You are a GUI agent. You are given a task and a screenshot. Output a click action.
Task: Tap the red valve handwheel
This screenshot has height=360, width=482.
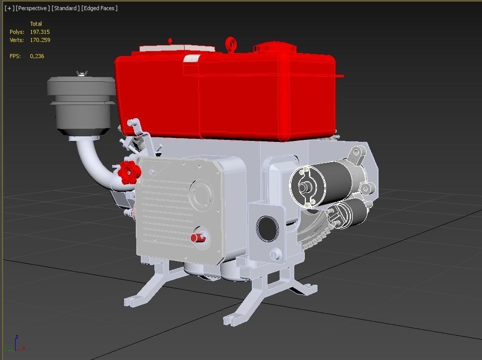click(x=128, y=173)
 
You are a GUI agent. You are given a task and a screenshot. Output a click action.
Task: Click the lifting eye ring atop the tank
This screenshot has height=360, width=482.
click(x=231, y=44)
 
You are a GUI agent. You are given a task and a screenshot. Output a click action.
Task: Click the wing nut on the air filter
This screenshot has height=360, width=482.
click(x=81, y=74)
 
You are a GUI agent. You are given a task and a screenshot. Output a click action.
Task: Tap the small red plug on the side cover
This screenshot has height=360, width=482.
click(x=198, y=238)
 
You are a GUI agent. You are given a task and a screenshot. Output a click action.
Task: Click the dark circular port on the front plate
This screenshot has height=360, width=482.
click(x=267, y=229)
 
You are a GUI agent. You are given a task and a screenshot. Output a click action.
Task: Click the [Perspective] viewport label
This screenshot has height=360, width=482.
click(x=33, y=8)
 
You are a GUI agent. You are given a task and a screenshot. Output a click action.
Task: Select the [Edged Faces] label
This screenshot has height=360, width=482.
click(x=99, y=8)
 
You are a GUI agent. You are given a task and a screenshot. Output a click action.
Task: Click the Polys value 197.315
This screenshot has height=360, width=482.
click(x=40, y=32)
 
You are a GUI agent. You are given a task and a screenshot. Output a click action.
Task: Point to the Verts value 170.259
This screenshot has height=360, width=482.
click(x=40, y=40)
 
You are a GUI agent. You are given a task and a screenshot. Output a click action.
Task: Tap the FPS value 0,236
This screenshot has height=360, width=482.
click(x=37, y=56)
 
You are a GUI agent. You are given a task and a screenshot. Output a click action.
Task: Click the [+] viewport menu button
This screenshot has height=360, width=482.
click(x=9, y=8)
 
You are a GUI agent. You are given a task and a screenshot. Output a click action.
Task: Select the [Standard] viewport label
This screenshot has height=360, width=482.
click(x=65, y=8)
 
